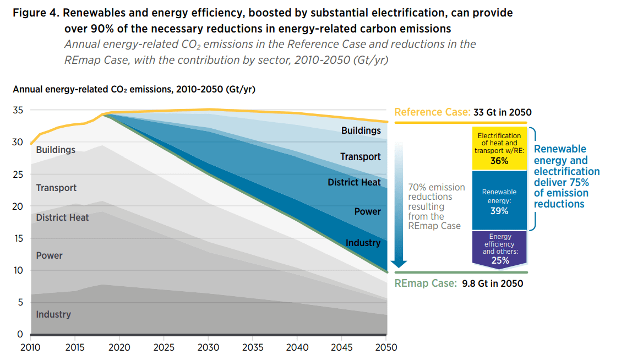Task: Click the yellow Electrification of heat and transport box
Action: tap(499, 149)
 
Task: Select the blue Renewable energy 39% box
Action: tap(499, 201)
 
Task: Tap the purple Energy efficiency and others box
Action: tap(499, 248)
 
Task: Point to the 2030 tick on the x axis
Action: tap(209, 347)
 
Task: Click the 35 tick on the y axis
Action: tap(18, 110)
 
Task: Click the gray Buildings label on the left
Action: tap(56, 150)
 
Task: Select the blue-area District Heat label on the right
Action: tap(354, 182)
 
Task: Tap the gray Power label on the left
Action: tap(49, 255)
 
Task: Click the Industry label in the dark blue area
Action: tap(363, 243)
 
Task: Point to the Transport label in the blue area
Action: tap(360, 157)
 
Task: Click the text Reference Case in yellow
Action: tap(432, 112)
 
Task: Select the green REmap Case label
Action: tap(426, 283)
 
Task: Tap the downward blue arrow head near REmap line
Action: tap(399, 264)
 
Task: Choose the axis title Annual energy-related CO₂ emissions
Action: tap(134, 89)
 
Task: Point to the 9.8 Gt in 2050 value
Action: tap(493, 283)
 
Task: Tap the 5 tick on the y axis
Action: tap(20, 302)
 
